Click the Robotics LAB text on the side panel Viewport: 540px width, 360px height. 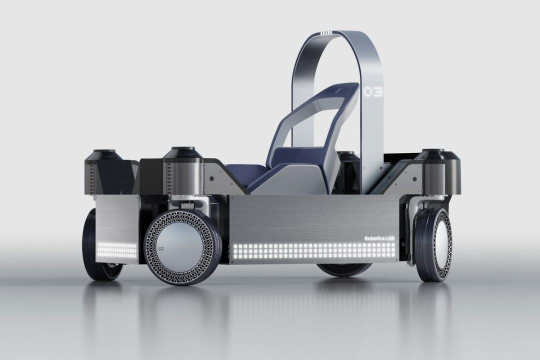coord(379,238)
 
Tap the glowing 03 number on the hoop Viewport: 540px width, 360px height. coord(373,91)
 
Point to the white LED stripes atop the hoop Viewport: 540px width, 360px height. coord(326,33)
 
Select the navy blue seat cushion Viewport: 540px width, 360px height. coord(241,172)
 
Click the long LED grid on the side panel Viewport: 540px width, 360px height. coord(314,251)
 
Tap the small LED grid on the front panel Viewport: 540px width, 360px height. coord(117,250)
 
